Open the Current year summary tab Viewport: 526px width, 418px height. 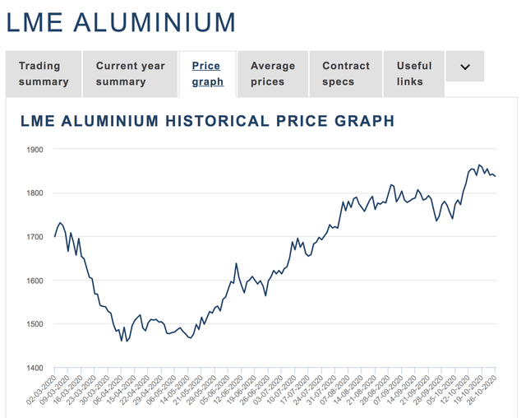point(130,73)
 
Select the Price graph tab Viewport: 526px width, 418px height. point(206,73)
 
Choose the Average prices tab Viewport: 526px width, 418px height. point(273,73)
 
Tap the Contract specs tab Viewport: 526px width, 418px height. point(345,73)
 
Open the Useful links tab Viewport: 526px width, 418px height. point(414,73)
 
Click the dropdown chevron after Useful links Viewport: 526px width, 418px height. point(465,67)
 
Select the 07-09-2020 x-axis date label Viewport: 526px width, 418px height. point(393,391)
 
